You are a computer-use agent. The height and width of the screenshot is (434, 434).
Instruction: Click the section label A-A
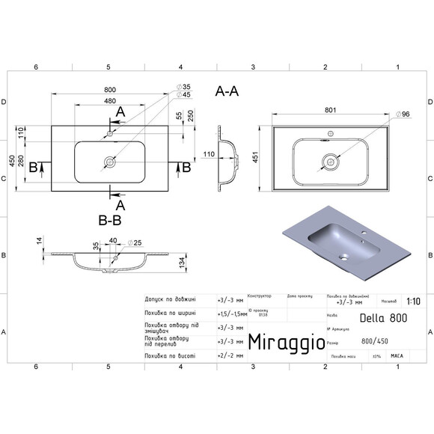(227, 91)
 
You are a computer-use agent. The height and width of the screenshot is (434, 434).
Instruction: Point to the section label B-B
(110, 221)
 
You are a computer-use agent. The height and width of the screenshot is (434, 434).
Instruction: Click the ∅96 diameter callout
(402, 114)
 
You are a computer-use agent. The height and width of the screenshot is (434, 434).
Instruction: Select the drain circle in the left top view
(110, 161)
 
